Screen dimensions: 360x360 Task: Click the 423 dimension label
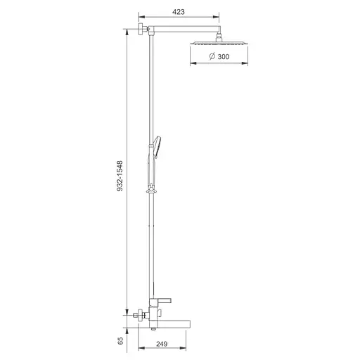(179, 12)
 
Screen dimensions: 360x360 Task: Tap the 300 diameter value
(224, 57)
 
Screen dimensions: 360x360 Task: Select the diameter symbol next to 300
(212, 56)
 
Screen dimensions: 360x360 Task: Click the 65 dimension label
(120, 340)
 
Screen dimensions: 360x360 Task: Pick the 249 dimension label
(162, 344)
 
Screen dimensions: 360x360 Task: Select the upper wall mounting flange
(141, 29)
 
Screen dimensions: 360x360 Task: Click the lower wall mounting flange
(141, 315)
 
